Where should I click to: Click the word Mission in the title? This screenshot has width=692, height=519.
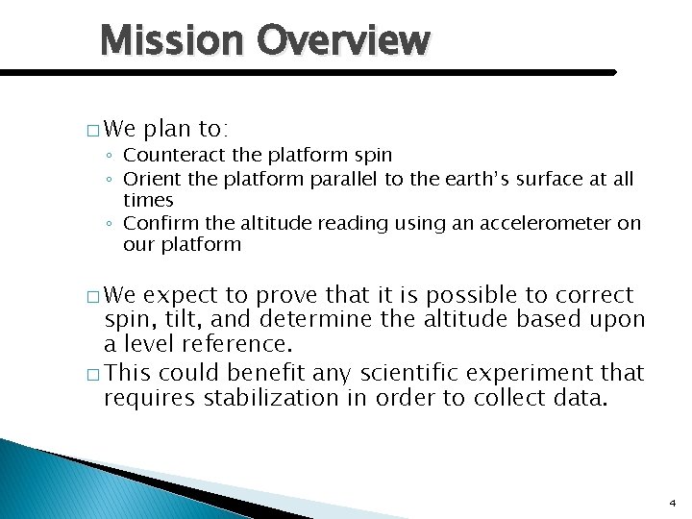tap(172, 40)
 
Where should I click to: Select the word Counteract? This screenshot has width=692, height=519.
tap(170, 155)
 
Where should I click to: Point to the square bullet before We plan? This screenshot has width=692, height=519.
tap(92, 129)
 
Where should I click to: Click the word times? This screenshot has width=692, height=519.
tap(148, 200)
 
